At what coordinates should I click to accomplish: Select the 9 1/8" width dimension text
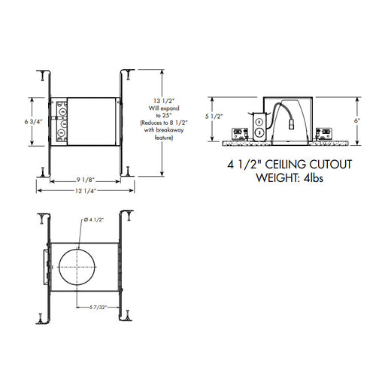pyautogui.click(x=83, y=179)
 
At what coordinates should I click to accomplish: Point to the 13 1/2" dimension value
pyautogui.click(x=164, y=101)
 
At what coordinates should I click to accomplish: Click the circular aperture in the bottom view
pyautogui.click(x=77, y=267)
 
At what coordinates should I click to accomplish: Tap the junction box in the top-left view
pyautogui.click(x=62, y=120)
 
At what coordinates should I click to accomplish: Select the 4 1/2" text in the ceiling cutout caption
pyautogui.click(x=242, y=163)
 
